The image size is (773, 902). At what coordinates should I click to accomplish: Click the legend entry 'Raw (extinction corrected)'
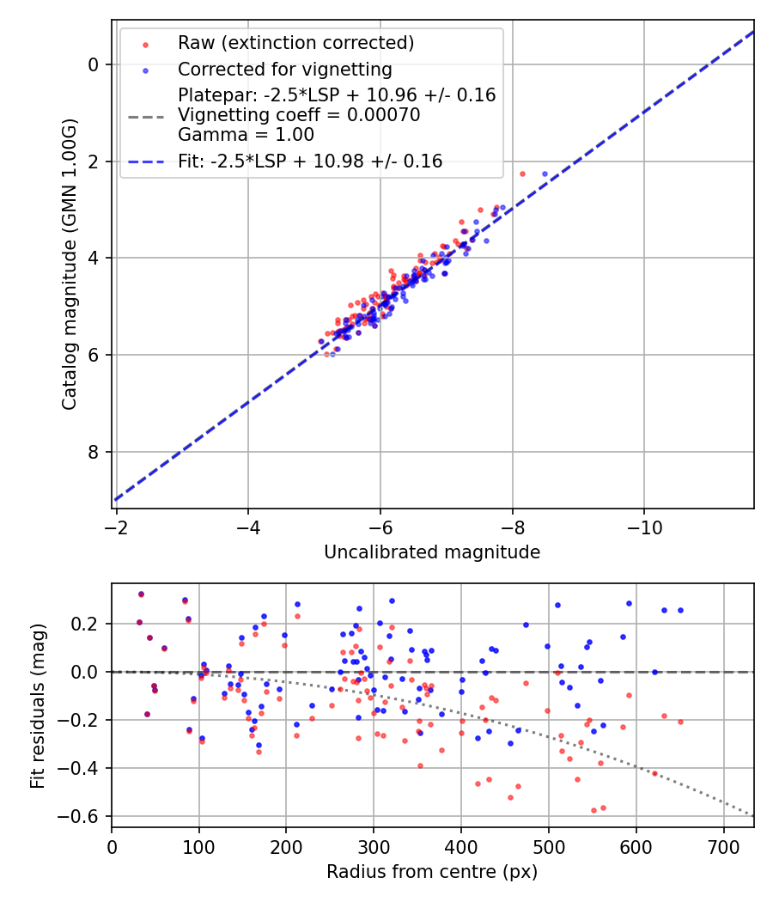(x=295, y=43)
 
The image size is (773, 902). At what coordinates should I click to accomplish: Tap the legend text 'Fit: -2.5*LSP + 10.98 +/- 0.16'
(x=310, y=161)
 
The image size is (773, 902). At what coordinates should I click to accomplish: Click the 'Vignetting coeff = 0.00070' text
(x=299, y=115)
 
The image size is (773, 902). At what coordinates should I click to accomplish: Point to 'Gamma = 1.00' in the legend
(x=246, y=135)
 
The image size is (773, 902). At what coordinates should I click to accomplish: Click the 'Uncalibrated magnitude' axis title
(x=432, y=552)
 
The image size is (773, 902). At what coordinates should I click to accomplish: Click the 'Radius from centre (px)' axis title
(x=432, y=872)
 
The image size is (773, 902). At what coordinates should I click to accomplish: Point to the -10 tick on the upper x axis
(x=645, y=526)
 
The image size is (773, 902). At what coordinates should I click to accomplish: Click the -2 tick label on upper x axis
(x=117, y=526)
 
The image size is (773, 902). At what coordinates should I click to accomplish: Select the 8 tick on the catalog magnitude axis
(x=95, y=452)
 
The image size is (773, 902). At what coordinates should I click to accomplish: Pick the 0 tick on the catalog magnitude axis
(x=95, y=64)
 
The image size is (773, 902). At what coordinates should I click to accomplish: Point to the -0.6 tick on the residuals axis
(x=84, y=816)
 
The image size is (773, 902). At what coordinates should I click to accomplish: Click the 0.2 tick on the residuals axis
(x=88, y=624)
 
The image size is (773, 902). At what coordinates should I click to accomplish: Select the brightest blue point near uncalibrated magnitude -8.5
(x=545, y=174)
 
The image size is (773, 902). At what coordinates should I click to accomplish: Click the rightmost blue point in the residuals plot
(x=680, y=610)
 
